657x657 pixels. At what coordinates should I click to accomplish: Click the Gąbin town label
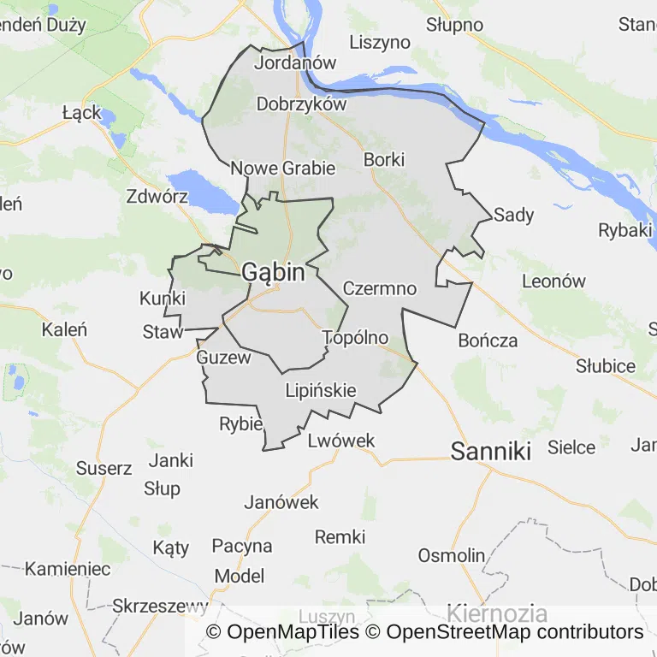coord(273,273)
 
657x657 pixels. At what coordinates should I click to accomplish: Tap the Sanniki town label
coord(491,451)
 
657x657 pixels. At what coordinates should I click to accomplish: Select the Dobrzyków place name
coord(301,104)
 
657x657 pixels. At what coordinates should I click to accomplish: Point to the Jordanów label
coord(295,62)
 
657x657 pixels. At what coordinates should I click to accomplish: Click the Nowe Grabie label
coord(283,168)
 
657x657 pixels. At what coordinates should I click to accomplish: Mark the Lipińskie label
coord(320,391)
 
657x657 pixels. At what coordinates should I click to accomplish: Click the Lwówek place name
coord(340,441)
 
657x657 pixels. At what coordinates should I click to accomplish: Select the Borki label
coord(383,159)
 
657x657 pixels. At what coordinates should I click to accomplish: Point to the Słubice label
coord(605,366)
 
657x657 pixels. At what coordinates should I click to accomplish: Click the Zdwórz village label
coord(157,196)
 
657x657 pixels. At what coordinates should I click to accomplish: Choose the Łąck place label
coord(82,112)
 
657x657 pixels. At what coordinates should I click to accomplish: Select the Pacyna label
coord(241,546)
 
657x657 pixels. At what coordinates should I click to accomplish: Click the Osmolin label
coord(451,555)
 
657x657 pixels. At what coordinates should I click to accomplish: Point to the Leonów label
coord(553,281)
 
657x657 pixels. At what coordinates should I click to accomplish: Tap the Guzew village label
coord(223,358)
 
